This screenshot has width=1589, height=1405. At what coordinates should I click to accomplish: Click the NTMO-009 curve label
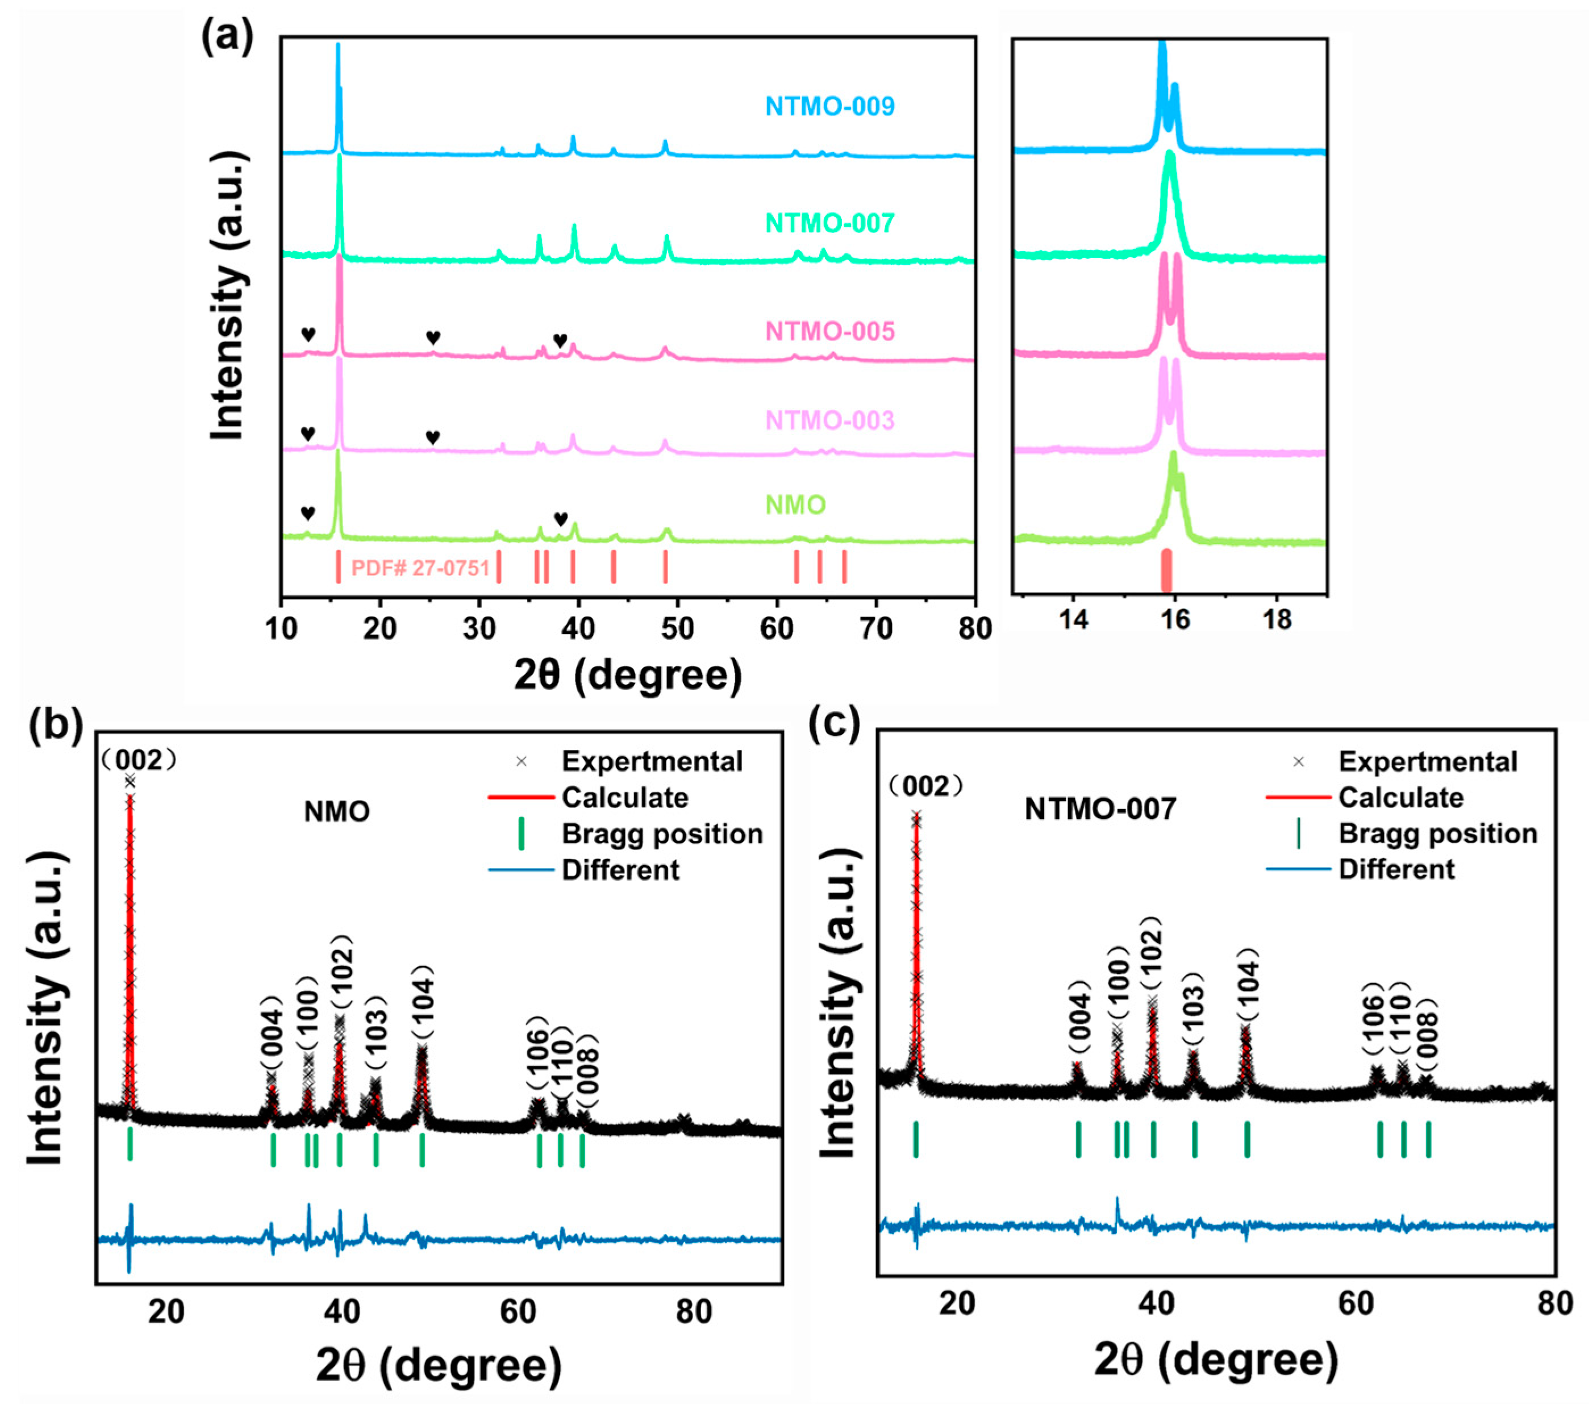pyautogui.click(x=829, y=106)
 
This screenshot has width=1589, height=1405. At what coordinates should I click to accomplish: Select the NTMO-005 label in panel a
pyautogui.click(x=829, y=331)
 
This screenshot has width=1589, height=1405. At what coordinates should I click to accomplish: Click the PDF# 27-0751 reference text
pyautogui.click(x=420, y=568)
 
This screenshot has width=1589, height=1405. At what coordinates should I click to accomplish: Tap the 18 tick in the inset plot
pyautogui.click(x=1277, y=620)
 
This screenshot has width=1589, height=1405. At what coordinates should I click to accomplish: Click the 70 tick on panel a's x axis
pyautogui.click(x=876, y=628)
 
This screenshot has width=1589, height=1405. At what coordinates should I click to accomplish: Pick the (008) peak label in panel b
pyautogui.click(x=588, y=1070)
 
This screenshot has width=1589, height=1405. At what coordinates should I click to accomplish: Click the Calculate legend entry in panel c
pyautogui.click(x=1400, y=797)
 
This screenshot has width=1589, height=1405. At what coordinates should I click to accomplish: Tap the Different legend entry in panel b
pyautogui.click(x=620, y=869)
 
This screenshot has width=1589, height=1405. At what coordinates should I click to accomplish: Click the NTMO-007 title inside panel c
pyautogui.click(x=1099, y=810)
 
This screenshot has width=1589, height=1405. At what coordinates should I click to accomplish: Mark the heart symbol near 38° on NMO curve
pyautogui.click(x=561, y=519)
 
